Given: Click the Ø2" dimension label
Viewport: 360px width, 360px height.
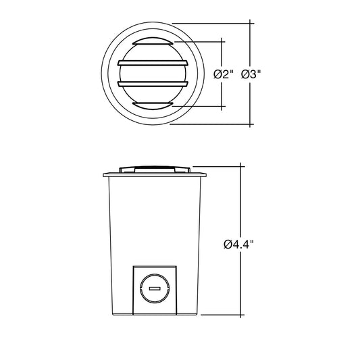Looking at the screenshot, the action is [224, 74].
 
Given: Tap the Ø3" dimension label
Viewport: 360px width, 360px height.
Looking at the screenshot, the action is [251, 74].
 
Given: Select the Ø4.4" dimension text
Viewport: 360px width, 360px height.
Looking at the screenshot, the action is [239, 245].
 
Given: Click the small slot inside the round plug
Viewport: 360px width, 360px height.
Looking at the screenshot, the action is [155, 288].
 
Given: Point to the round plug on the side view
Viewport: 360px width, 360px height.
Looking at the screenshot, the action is [155, 288].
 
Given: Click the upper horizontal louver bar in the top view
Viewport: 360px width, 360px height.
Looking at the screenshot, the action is [153, 63].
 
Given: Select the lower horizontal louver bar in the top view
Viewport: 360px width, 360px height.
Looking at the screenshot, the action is [153, 84].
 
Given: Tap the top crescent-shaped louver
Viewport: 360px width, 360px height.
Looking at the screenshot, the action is [153, 41].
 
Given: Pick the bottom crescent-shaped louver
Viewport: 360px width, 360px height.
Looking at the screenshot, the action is [153, 106].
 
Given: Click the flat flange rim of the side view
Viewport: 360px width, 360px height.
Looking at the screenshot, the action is [155, 174].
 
